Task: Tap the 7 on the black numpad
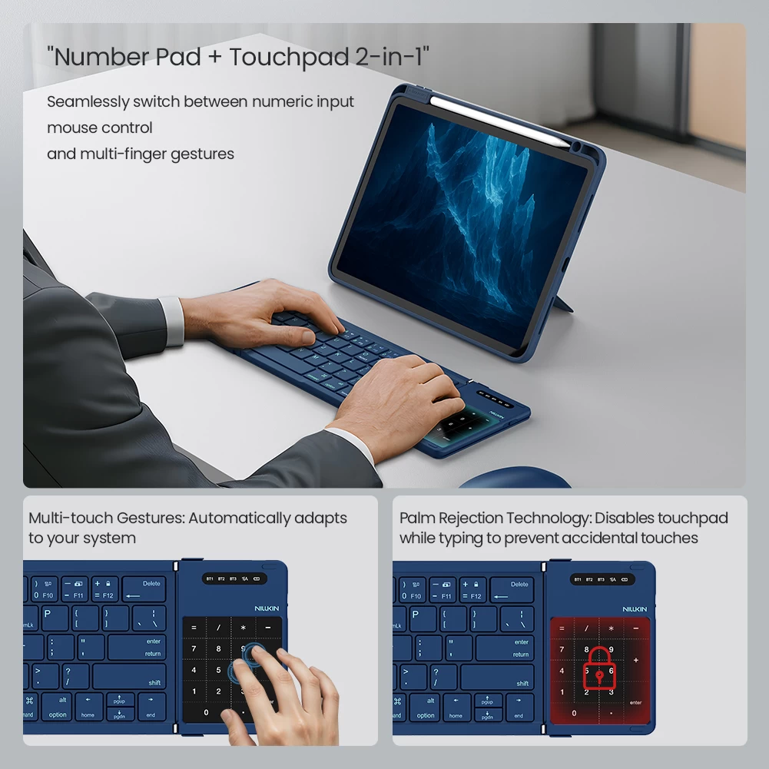pyautogui.click(x=194, y=649)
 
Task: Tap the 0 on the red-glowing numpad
pyautogui.click(x=574, y=713)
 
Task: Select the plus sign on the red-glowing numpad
pyautogui.click(x=635, y=660)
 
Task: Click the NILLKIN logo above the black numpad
pyautogui.click(x=268, y=608)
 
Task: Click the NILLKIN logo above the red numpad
pyautogui.click(x=634, y=608)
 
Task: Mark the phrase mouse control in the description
pyautogui.click(x=100, y=128)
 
